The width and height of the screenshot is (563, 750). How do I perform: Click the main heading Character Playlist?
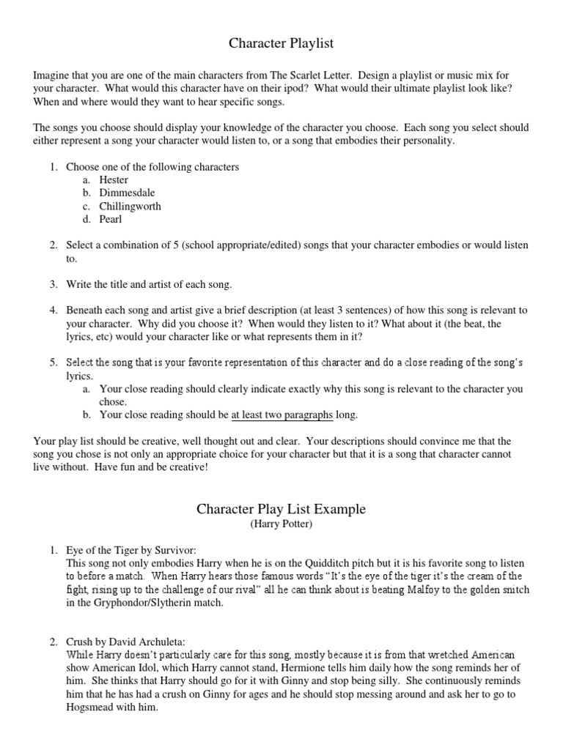(281, 44)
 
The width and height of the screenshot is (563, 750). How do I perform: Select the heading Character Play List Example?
(281, 509)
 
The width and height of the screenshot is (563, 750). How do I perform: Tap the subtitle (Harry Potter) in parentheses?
(281, 525)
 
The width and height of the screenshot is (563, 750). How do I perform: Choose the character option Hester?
(114, 180)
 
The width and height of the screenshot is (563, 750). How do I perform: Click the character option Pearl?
(111, 220)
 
